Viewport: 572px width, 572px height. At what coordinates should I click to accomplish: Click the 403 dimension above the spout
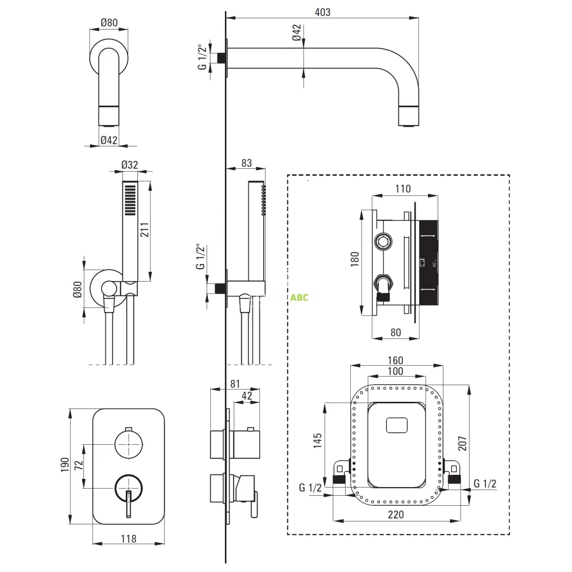323,12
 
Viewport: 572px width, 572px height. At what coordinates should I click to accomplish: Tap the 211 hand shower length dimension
144,230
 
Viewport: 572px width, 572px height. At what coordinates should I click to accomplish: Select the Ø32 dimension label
129,164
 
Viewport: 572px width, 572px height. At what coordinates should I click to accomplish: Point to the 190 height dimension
65,464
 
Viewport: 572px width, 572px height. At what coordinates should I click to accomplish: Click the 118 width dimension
129,539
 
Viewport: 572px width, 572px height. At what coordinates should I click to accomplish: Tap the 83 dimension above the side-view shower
246,163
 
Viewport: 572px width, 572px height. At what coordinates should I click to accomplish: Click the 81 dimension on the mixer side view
235,384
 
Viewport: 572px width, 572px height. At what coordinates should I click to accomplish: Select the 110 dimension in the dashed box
403,189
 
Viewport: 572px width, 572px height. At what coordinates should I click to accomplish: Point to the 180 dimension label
355,259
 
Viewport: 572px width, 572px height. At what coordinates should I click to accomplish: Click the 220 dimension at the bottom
396,514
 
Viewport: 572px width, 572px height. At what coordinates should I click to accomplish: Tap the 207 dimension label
462,443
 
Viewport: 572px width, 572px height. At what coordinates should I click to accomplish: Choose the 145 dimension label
317,441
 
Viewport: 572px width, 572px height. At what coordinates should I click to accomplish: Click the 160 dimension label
395,361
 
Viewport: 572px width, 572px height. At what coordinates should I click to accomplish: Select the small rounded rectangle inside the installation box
396,424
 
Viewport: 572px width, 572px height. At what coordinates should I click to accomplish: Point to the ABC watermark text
299,297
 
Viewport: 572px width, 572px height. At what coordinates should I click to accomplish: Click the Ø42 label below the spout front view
109,140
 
